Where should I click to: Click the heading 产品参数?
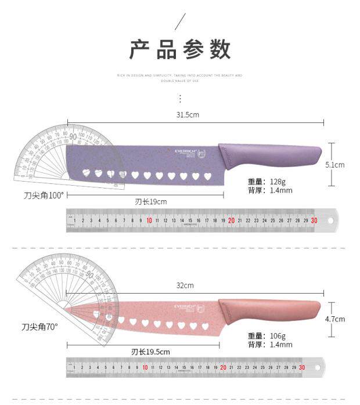(180, 50)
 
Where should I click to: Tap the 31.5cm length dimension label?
(188, 115)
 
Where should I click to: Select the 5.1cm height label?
(335, 165)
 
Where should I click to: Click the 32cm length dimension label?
(185, 285)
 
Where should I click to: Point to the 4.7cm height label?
(335, 319)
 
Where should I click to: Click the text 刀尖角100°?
(44, 196)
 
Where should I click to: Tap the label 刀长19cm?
(151, 202)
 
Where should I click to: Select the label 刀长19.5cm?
(150, 352)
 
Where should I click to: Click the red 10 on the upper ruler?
(149, 220)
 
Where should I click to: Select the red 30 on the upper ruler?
(314, 220)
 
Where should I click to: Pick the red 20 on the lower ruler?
(223, 367)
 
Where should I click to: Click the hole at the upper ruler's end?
(330, 220)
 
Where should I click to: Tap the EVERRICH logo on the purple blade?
(186, 152)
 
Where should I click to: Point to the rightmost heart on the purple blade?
(207, 175)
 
